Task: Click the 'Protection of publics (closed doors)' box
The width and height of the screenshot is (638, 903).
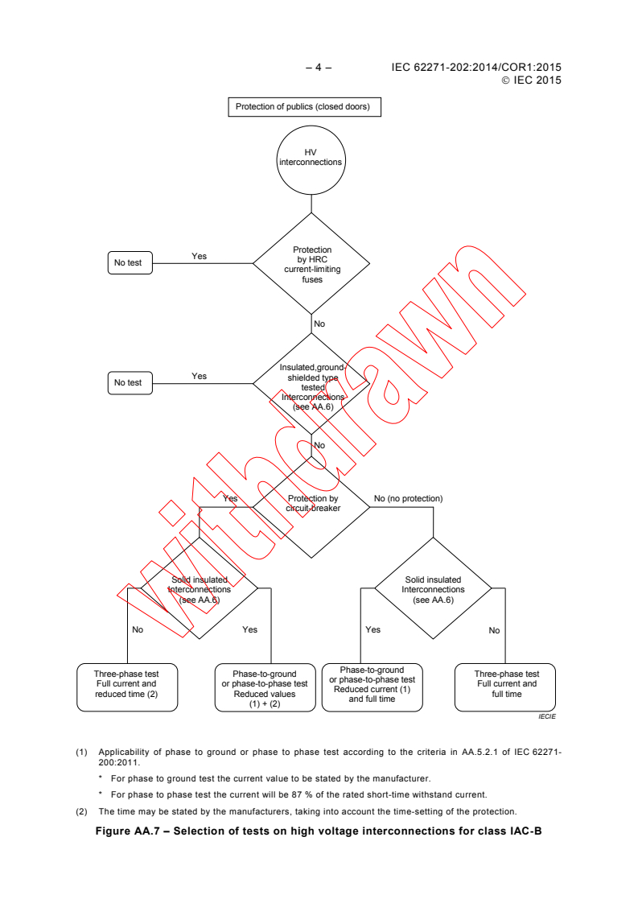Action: (303, 106)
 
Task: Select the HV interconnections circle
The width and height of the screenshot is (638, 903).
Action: (311, 157)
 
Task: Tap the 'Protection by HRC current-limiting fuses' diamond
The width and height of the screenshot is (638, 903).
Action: (311, 264)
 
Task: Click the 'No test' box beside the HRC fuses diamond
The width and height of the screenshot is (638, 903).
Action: (130, 262)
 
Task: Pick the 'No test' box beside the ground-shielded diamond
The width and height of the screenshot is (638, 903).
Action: (130, 382)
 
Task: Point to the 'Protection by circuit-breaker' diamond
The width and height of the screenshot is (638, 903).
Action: (312, 504)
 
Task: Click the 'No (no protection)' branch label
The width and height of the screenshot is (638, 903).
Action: (408, 499)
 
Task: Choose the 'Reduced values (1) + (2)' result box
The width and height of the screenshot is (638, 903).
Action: (265, 688)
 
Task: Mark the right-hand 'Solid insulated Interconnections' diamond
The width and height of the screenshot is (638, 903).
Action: (433, 590)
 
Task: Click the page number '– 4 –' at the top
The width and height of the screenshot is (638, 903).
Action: (319, 68)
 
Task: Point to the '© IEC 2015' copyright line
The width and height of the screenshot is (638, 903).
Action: (531, 80)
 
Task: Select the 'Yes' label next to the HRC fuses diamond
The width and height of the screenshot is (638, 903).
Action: (199, 256)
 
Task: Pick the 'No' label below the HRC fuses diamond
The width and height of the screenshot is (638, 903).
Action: (319, 323)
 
